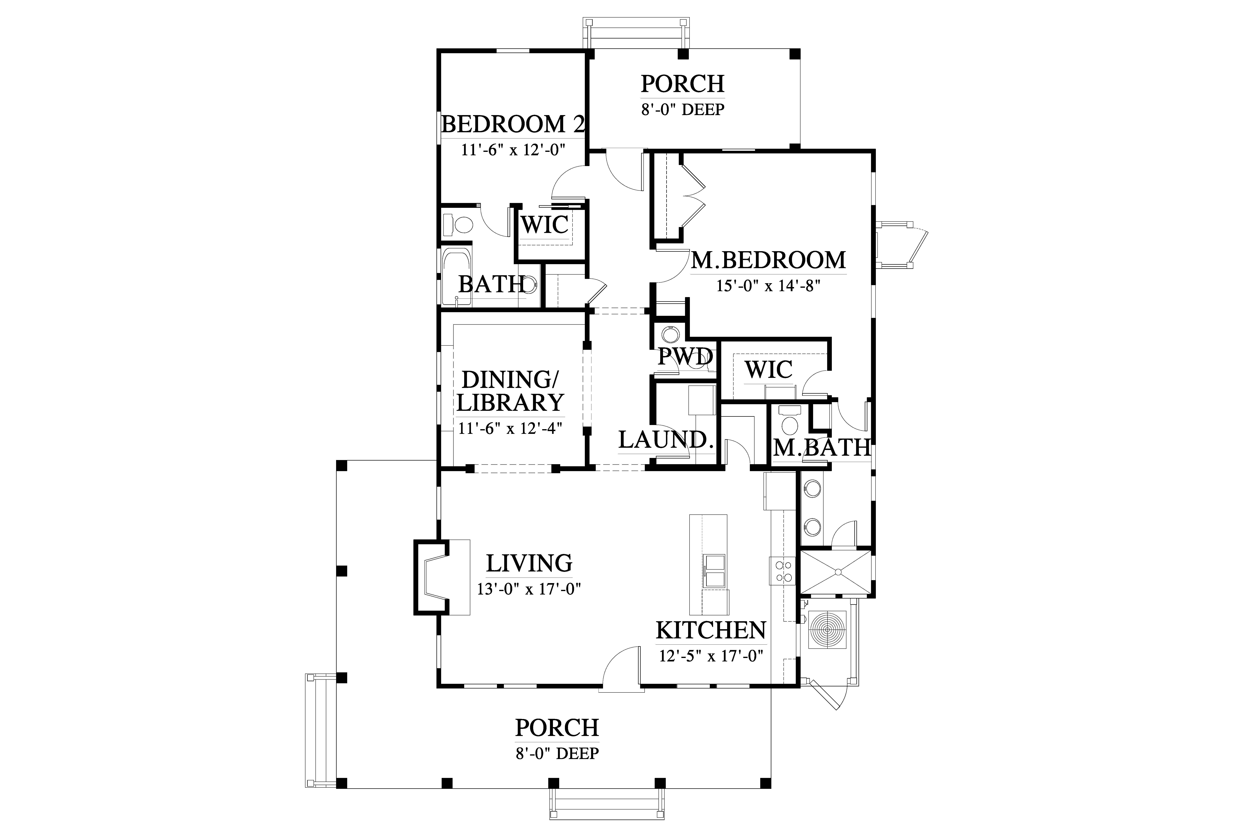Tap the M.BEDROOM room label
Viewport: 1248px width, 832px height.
click(768, 260)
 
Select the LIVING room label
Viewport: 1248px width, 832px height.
click(529, 563)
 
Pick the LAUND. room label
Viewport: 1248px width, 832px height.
click(666, 440)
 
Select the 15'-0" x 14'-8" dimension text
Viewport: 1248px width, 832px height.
click(768, 286)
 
